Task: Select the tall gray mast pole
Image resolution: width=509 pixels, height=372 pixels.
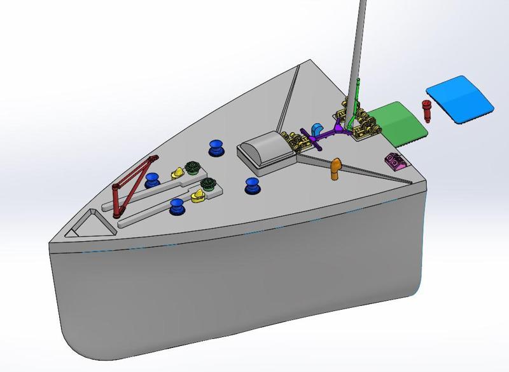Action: tap(358, 44)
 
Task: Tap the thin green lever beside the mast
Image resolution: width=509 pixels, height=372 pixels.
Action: tap(357, 95)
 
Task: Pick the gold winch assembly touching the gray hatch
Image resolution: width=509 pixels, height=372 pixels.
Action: tap(296, 142)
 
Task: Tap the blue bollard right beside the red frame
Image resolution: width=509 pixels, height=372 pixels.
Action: tap(153, 180)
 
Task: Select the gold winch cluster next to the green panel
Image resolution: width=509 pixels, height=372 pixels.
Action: tap(365, 124)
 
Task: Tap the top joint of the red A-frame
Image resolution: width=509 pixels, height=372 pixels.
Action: tap(152, 159)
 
